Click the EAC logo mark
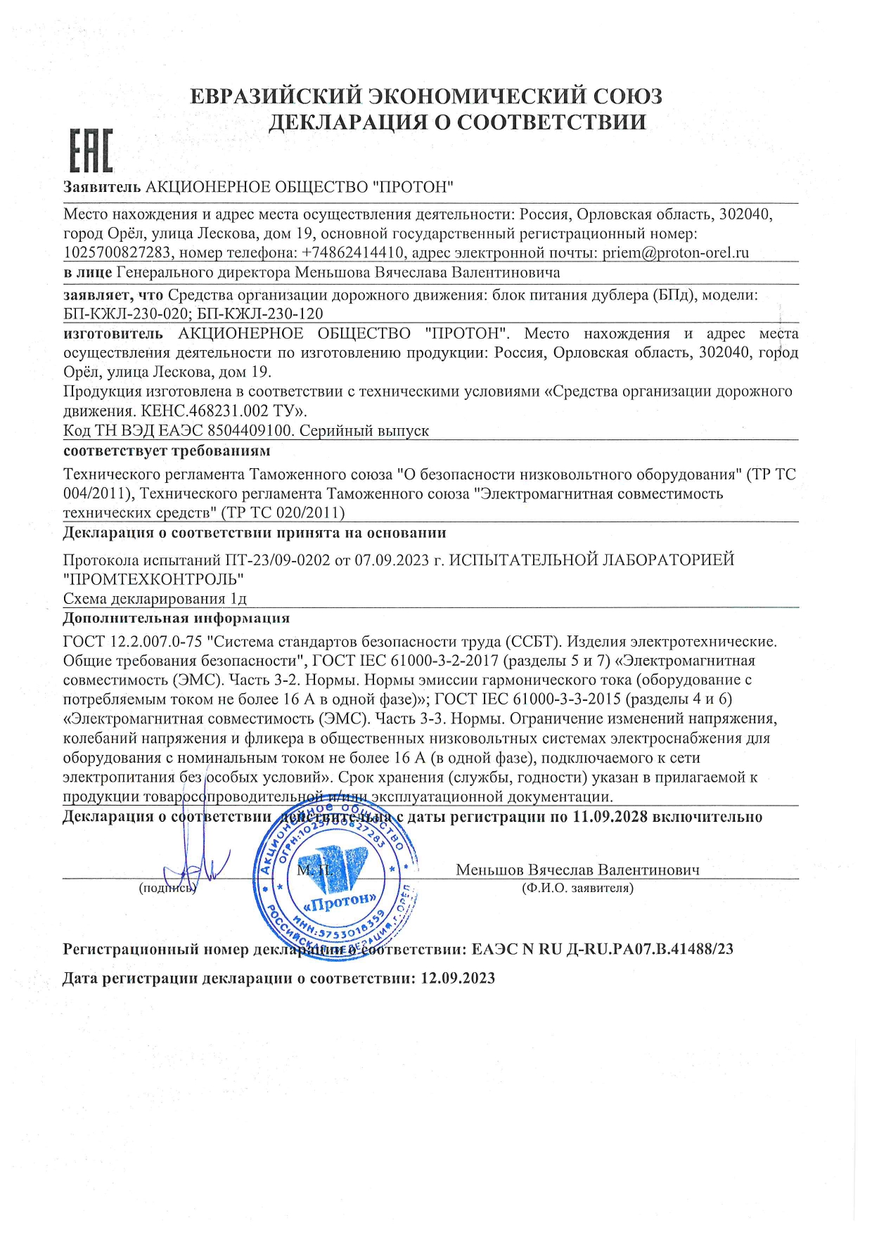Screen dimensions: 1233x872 click(91, 151)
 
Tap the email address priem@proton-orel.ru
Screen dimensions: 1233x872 click(675, 252)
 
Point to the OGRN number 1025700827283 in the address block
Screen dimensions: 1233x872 click(117, 252)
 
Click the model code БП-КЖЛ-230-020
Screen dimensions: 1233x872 click(125, 314)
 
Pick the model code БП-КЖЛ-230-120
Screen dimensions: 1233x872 click(260, 314)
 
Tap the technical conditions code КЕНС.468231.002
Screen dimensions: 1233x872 click(202, 411)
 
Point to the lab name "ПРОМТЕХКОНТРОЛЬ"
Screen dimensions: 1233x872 click(153, 579)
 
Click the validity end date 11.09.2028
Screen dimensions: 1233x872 click(610, 817)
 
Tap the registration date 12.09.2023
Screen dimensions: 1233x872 click(458, 979)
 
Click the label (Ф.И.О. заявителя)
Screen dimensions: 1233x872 click(577, 888)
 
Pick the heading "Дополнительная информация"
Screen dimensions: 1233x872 click(176, 618)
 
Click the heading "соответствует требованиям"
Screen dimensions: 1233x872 click(167, 451)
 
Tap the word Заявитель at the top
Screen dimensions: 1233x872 click(102, 187)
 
